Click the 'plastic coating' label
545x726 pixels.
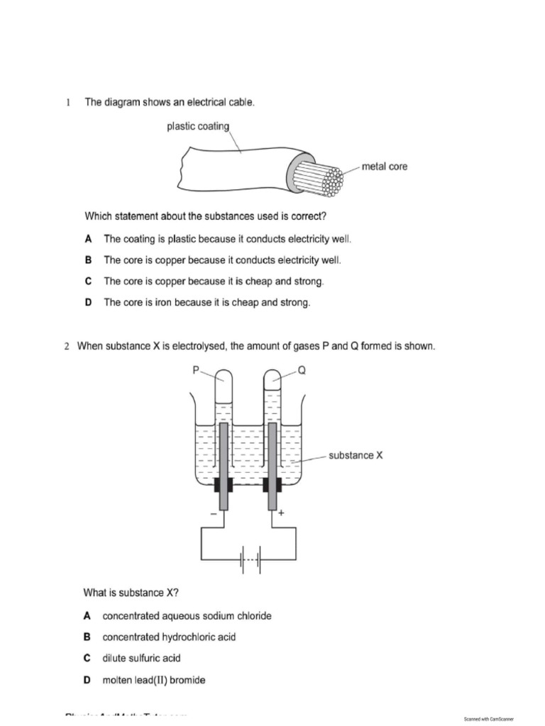tap(197, 127)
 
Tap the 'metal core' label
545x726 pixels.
tap(385, 167)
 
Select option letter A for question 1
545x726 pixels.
tap(88, 240)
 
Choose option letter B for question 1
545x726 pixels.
tap(88, 260)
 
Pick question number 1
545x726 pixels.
tap(69, 103)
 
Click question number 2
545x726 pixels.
tap(67, 347)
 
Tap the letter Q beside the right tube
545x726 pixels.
tap(302, 369)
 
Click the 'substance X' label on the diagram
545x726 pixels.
tap(356, 455)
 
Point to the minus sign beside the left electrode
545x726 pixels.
tap(212, 513)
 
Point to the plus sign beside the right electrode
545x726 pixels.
tap(281, 513)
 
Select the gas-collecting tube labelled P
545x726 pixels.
tap(224, 397)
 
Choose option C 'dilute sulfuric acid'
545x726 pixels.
tap(141, 659)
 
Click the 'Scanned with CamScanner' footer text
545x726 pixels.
tap(488, 718)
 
